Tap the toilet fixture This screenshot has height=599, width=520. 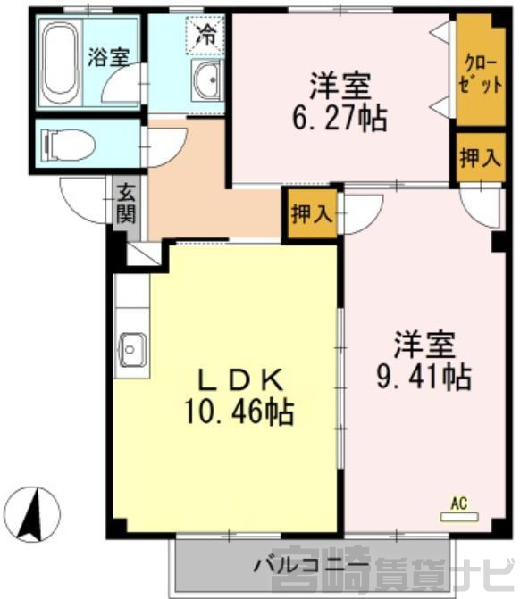tap(69, 145)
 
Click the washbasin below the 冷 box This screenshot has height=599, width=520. tap(207, 80)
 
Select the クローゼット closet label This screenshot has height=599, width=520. tap(480, 74)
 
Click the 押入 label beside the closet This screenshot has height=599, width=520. tap(481, 157)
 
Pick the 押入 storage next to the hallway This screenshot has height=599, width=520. tap(312, 213)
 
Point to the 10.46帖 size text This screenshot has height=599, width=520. tap(239, 412)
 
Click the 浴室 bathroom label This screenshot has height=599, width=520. tap(109, 57)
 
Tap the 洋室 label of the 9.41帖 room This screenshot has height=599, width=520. tap(424, 345)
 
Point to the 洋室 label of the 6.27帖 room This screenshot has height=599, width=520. tap(340, 86)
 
